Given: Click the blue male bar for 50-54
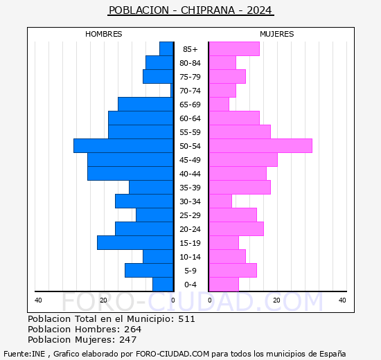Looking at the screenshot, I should coord(123,146).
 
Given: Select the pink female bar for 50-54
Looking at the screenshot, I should coord(260,146).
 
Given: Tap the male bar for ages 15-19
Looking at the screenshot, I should coord(135,243).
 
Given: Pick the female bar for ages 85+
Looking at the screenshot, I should coord(234,49).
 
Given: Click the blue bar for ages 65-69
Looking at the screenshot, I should coord(145,105).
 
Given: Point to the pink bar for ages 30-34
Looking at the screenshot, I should coord(220,201).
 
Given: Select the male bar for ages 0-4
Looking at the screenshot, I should coord(163,285).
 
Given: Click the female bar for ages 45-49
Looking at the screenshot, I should coord(242,160).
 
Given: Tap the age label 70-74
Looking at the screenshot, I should coord(190,91).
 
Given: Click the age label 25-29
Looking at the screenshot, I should coord(190,215).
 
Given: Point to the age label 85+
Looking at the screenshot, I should coord(190,49).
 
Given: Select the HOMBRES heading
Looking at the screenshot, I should coord(104,34).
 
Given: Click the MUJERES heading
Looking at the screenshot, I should coord(276,34).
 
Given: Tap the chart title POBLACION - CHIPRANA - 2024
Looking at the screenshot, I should coord(190,10).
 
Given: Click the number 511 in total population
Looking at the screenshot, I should coord(186,319).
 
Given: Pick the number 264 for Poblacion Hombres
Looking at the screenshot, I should coord(133,330).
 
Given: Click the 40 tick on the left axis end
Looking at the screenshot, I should coord(38,300).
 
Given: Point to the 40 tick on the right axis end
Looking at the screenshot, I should coord(342,300).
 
